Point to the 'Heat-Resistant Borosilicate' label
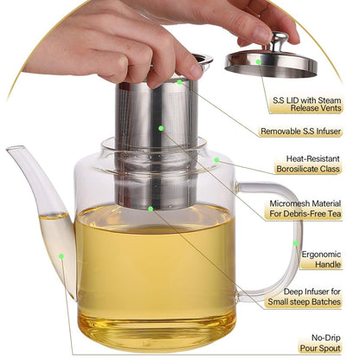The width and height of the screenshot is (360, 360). [312, 165]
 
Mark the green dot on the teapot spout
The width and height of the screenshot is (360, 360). [61, 256]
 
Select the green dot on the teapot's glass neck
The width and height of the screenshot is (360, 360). [216, 160]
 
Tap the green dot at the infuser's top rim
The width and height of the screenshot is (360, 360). [180, 81]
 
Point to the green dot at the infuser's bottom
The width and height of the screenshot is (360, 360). [150, 209]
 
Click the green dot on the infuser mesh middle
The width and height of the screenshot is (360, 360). [161, 127]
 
